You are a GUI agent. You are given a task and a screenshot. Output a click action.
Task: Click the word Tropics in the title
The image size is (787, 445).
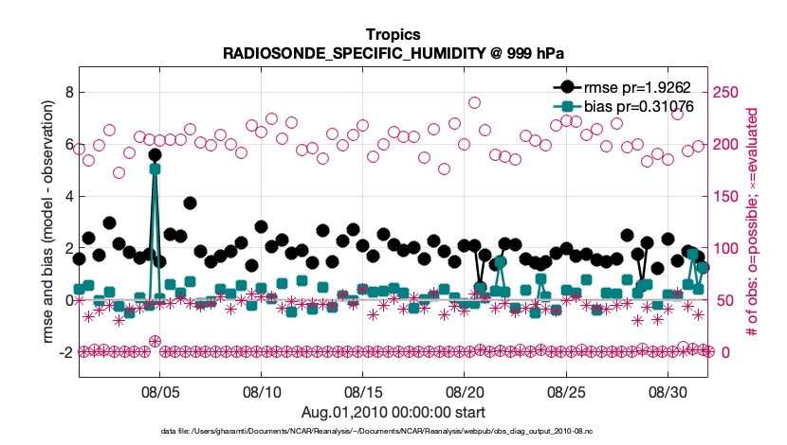tap(393, 35)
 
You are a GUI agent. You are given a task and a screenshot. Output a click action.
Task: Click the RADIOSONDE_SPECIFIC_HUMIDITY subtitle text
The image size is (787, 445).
tap(393, 54)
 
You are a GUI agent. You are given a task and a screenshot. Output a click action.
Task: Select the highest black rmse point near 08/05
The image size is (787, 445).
tap(155, 154)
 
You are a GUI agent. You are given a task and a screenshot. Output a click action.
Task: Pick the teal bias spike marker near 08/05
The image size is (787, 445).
tap(155, 169)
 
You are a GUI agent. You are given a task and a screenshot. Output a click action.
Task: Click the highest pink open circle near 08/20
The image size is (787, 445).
tap(474, 103)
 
